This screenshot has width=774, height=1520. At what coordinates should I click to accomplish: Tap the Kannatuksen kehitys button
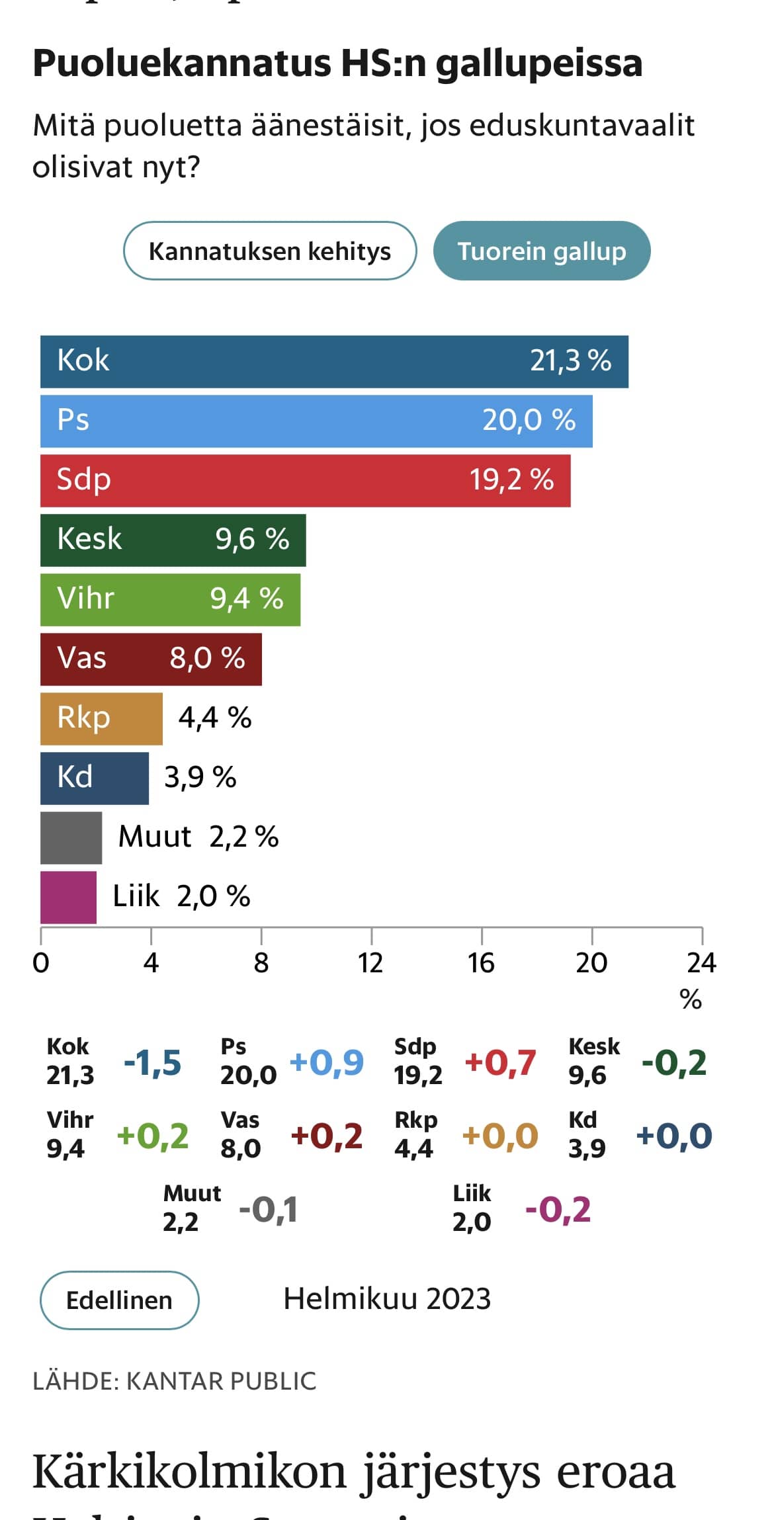pyautogui.click(x=270, y=251)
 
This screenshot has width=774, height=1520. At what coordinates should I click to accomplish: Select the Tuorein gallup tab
pyautogui.click(x=541, y=251)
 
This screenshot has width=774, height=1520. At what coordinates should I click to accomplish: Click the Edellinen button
pyautogui.click(x=119, y=1300)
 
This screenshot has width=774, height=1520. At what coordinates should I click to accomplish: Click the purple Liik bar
pyautogui.click(x=68, y=897)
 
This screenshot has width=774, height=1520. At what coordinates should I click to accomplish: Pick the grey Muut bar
pyautogui.click(x=71, y=837)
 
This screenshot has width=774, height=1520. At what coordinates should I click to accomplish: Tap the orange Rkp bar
pyautogui.click(x=101, y=718)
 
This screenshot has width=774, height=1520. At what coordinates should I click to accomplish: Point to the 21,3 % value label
pyautogui.click(x=570, y=361)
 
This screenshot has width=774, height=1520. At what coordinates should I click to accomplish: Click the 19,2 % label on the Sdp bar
pyautogui.click(x=511, y=480)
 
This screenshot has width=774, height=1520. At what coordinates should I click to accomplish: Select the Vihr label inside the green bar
pyautogui.click(x=86, y=599)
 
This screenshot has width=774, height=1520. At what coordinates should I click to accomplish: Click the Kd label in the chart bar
pyautogui.click(x=75, y=777)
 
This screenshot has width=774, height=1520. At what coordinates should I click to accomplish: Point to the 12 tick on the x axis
pyautogui.click(x=370, y=963)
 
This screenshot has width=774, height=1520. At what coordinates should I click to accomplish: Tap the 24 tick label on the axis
pyautogui.click(x=701, y=963)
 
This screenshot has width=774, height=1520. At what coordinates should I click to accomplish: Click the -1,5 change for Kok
pyautogui.click(x=152, y=1063)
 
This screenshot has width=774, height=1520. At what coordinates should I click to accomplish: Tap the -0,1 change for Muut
pyautogui.click(x=268, y=1210)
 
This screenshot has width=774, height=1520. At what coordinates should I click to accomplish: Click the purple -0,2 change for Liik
pyautogui.click(x=558, y=1210)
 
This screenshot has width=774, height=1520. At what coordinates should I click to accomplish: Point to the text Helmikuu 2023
pyautogui.click(x=387, y=1298)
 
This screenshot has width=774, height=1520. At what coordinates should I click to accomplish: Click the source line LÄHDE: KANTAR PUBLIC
pyautogui.click(x=175, y=1381)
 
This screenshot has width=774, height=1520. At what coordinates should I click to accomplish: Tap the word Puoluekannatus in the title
pyautogui.click(x=182, y=63)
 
